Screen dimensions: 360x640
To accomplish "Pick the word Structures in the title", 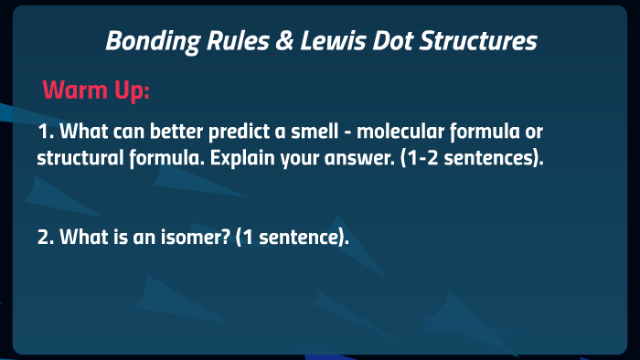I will (x=483, y=41).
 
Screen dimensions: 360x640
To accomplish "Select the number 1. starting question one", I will (x=46, y=132).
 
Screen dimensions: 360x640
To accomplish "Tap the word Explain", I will (x=242, y=157).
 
